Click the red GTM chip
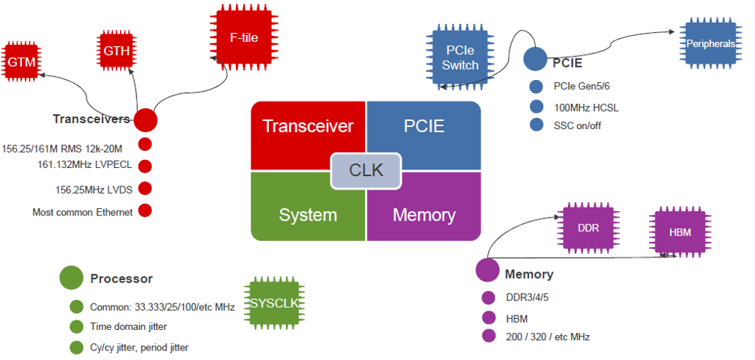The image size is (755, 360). click(x=21, y=62)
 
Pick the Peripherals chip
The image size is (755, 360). click(x=710, y=44)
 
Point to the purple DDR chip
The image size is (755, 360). click(x=588, y=228)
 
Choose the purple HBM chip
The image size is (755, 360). click(x=679, y=232)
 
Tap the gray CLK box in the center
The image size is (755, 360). click(x=366, y=170)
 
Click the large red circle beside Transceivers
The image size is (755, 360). click(x=146, y=120)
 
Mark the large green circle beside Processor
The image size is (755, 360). click(x=71, y=278)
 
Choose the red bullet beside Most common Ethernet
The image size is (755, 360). click(x=145, y=211)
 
